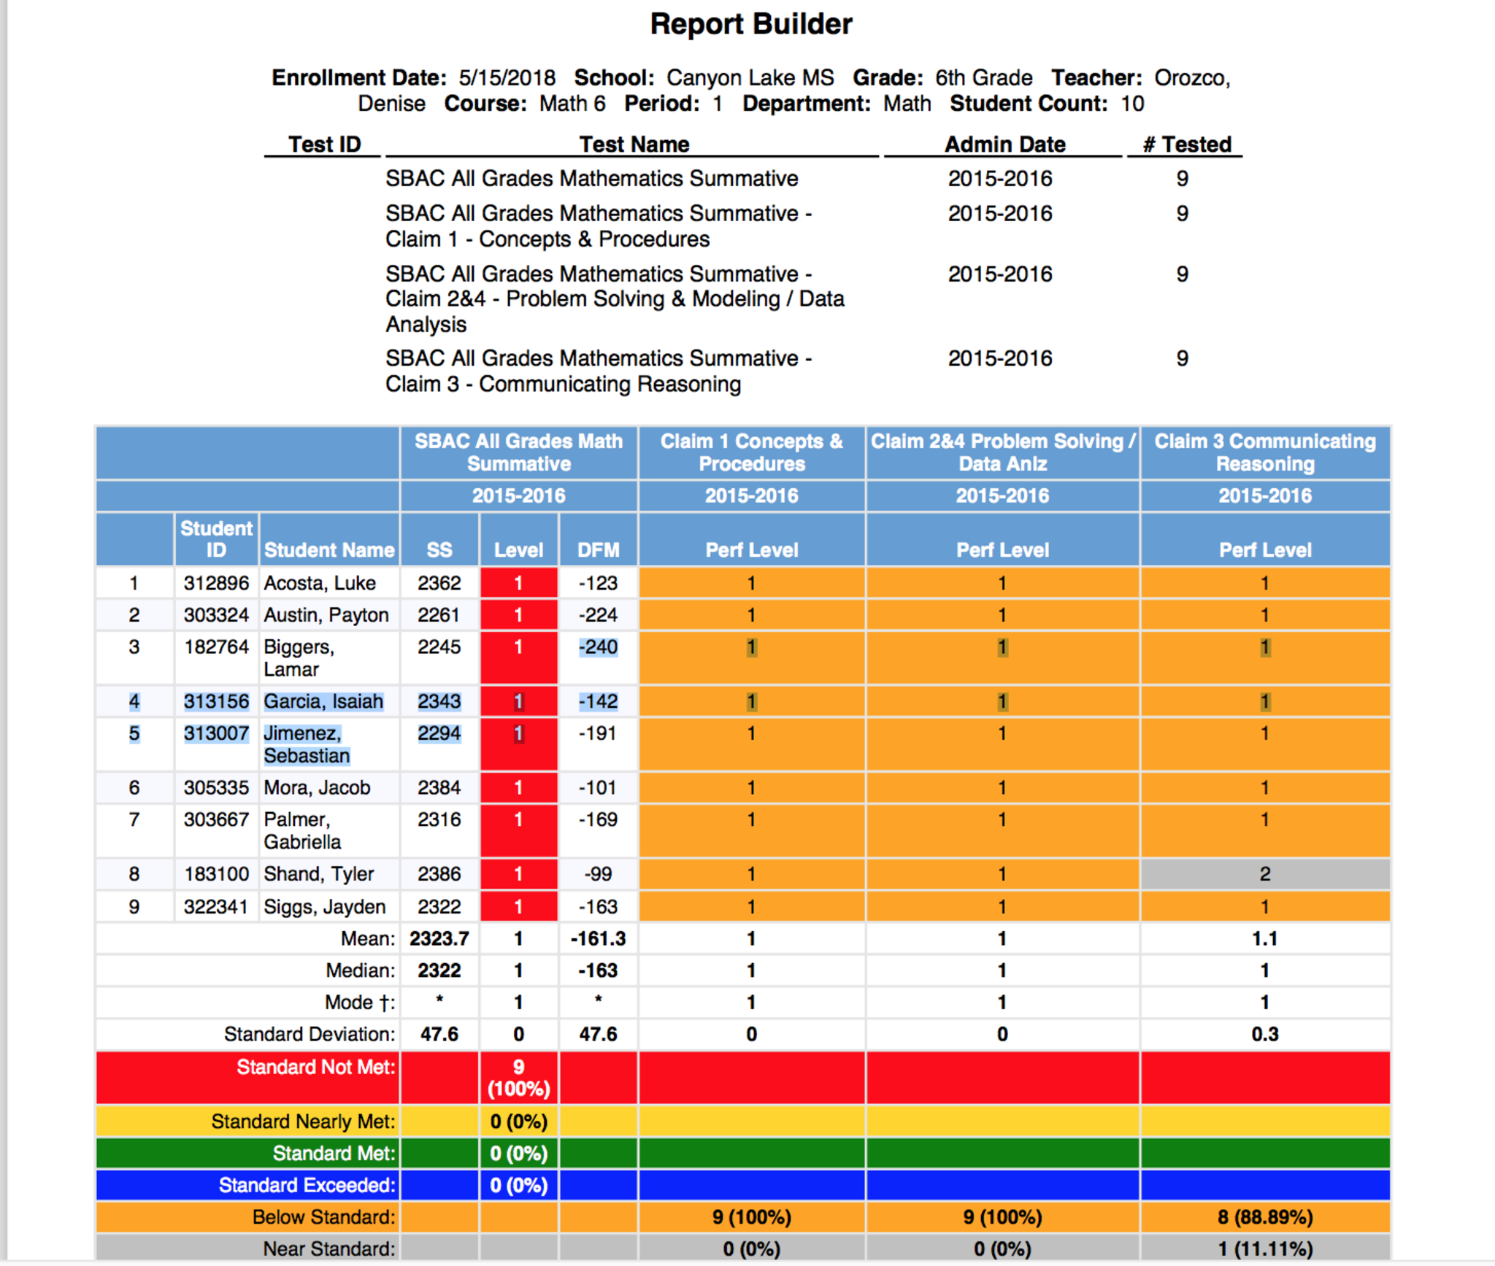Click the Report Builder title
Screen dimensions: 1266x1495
pyautogui.click(x=750, y=24)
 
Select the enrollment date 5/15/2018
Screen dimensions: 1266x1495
pyautogui.click(x=507, y=77)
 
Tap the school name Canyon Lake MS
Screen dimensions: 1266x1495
pyautogui.click(x=750, y=77)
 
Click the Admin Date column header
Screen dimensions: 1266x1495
pyautogui.click(x=1004, y=144)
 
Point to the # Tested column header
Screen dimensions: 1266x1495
pyautogui.click(x=1187, y=144)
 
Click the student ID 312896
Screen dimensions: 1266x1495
pyautogui.click(x=216, y=583)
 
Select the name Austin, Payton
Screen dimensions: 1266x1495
pyautogui.click(x=326, y=615)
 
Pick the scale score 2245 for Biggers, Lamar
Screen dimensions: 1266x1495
pyautogui.click(x=439, y=647)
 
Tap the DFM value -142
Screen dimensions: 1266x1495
pyautogui.click(x=598, y=701)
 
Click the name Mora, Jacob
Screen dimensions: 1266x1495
pyautogui.click(x=317, y=788)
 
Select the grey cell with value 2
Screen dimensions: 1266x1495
pyautogui.click(x=1264, y=874)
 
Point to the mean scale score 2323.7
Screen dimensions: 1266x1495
pyautogui.click(x=439, y=938)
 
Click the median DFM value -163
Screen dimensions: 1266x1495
pyautogui.click(x=598, y=970)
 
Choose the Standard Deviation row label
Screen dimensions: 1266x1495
pyautogui.click(x=309, y=1034)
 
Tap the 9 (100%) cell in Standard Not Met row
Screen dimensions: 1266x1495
pyautogui.click(x=518, y=1078)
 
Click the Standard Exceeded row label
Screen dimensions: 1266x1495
pyautogui.click(x=307, y=1185)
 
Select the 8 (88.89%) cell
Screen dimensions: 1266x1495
pyautogui.click(x=1264, y=1217)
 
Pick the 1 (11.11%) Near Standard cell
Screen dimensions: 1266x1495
pyautogui.click(x=1264, y=1249)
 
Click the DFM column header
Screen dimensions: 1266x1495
pyautogui.click(x=598, y=550)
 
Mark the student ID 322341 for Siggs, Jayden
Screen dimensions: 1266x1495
pyautogui.click(x=216, y=907)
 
